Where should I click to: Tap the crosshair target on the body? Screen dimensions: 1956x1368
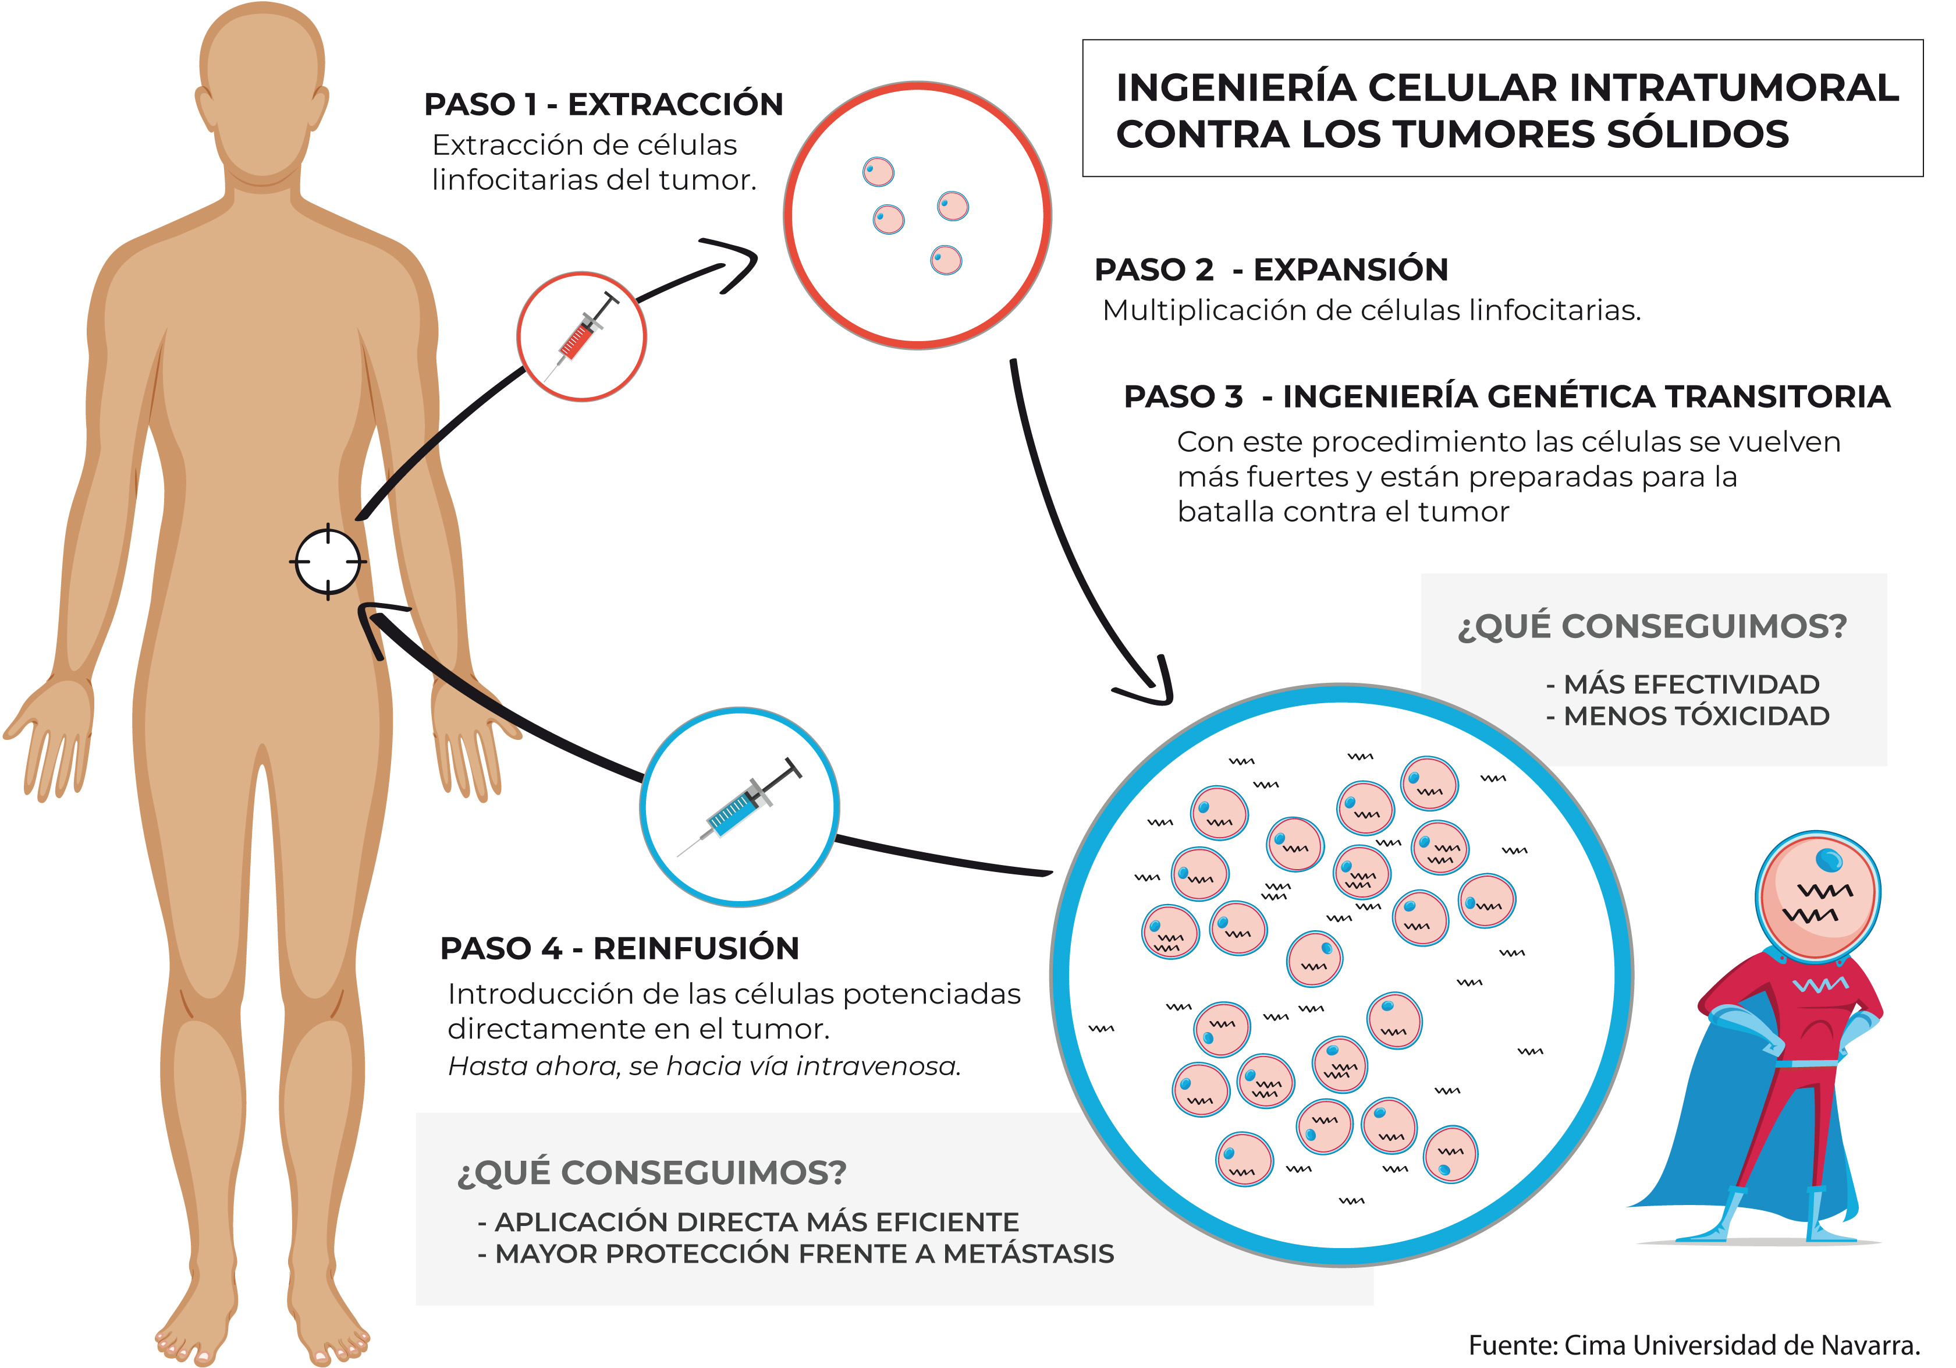pyautogui.click(x=328, y=562)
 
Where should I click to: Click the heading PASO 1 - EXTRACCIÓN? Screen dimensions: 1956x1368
pyautogui.click(x=603, y=104)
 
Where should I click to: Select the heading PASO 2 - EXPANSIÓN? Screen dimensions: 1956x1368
pyautogui.click(x=1271, y=270)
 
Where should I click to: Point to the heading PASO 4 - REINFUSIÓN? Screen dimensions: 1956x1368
pyautogui.click(x=619, y=948)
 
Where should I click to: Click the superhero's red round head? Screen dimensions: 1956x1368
pyautogui.click(x=1818, y=896)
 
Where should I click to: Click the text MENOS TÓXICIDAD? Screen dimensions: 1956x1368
pyautogui.click(x=1696, y=716)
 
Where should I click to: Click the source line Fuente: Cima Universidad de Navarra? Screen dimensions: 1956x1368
pyautogui.click(x=1695, y=1345)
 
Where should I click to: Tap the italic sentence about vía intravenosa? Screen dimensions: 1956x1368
pyautogui.click(x=705, y=1066)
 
